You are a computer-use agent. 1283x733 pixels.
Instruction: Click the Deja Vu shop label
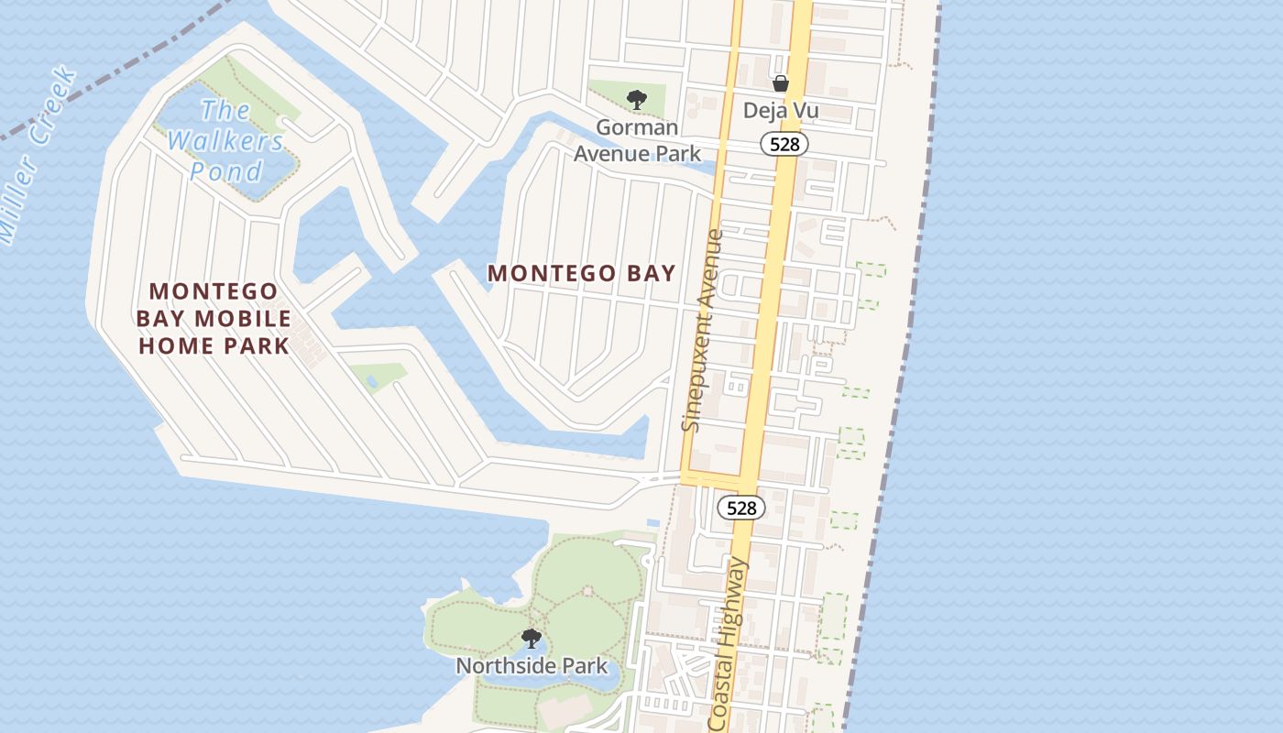click(x=780, y=111)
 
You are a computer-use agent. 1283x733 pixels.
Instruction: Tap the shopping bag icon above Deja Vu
click(x=781, y=84)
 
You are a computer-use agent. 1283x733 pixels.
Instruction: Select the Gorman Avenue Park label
click(x=637, y=140)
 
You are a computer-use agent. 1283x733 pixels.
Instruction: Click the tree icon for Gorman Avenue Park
click(x=637, y=99)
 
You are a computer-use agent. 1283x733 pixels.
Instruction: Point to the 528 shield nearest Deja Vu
click(x=784, y=144)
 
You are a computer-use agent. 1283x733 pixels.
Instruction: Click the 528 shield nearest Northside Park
click(x=740, y=508)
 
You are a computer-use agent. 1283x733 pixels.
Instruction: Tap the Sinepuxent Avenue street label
click(x=704, y=330)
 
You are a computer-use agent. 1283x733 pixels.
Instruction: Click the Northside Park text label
click(x=532, y=666)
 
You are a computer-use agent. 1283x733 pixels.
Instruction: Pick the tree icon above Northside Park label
click(x=531, y=638)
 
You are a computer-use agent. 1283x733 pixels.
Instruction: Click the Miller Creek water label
click(x=37, y=156)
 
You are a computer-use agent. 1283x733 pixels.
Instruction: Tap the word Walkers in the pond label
click(x=225, y=141)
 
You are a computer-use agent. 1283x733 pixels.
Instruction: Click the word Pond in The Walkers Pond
click(x=226, y=171)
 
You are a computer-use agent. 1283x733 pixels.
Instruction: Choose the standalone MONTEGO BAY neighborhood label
click(x=581, y=273)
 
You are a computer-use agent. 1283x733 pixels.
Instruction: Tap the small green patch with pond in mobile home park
click(x=377, y=377)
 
